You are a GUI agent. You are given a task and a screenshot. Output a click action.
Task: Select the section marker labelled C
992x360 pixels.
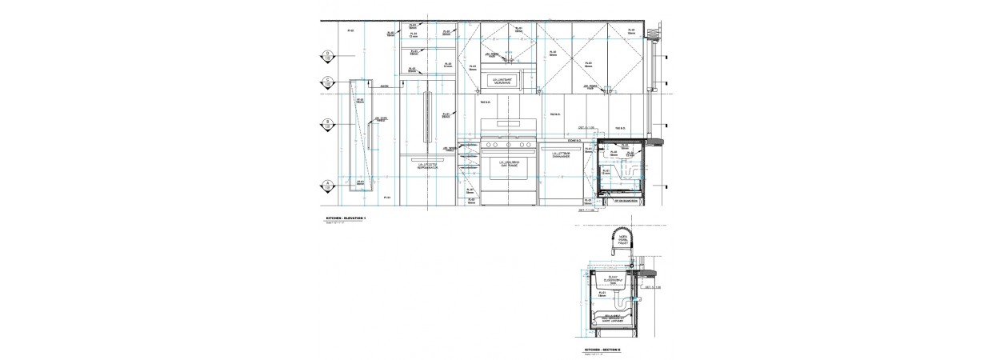327,82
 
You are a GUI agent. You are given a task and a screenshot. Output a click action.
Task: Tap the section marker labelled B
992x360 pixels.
327,124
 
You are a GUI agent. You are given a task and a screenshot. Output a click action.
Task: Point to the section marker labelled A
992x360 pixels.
327,186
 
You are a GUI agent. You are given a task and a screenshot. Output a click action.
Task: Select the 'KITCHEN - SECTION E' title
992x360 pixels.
602,350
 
